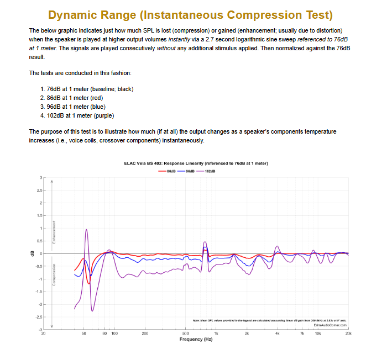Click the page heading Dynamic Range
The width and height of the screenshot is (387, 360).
point(193,14)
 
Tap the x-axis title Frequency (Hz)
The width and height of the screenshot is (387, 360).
point(196,339)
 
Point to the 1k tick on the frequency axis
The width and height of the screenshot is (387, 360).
point(216,333)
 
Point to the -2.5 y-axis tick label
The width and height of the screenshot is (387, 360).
point(37,317)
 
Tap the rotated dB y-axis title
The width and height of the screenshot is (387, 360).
point(32,253)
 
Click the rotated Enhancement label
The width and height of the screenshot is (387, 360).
point(54,232)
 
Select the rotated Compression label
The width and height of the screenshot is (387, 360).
point(54,274)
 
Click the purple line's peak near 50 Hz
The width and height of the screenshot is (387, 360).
point(87,230)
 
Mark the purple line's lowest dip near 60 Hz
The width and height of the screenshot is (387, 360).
point(92,311)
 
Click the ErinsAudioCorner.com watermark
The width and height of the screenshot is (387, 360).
point(330,325)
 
